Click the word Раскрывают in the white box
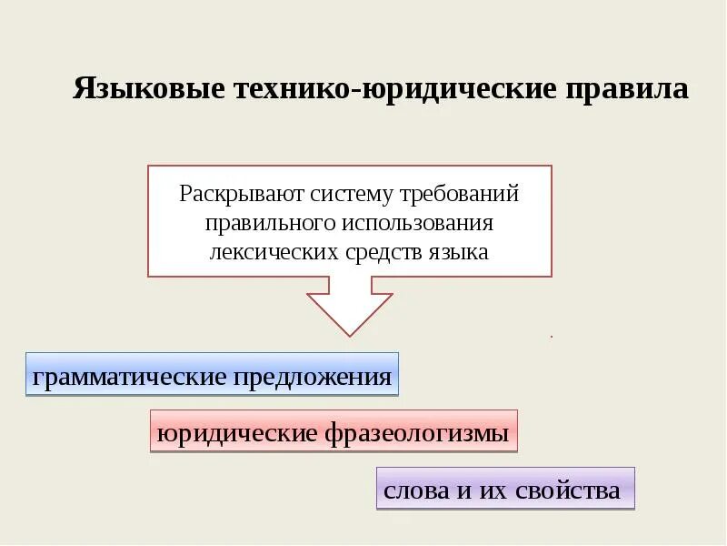(x=229, y=194)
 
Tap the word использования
(x=418, y=223)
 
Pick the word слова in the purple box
(x=416, y=491)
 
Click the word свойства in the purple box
(x=567, y=491)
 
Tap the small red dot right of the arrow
(x=552, y=337)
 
